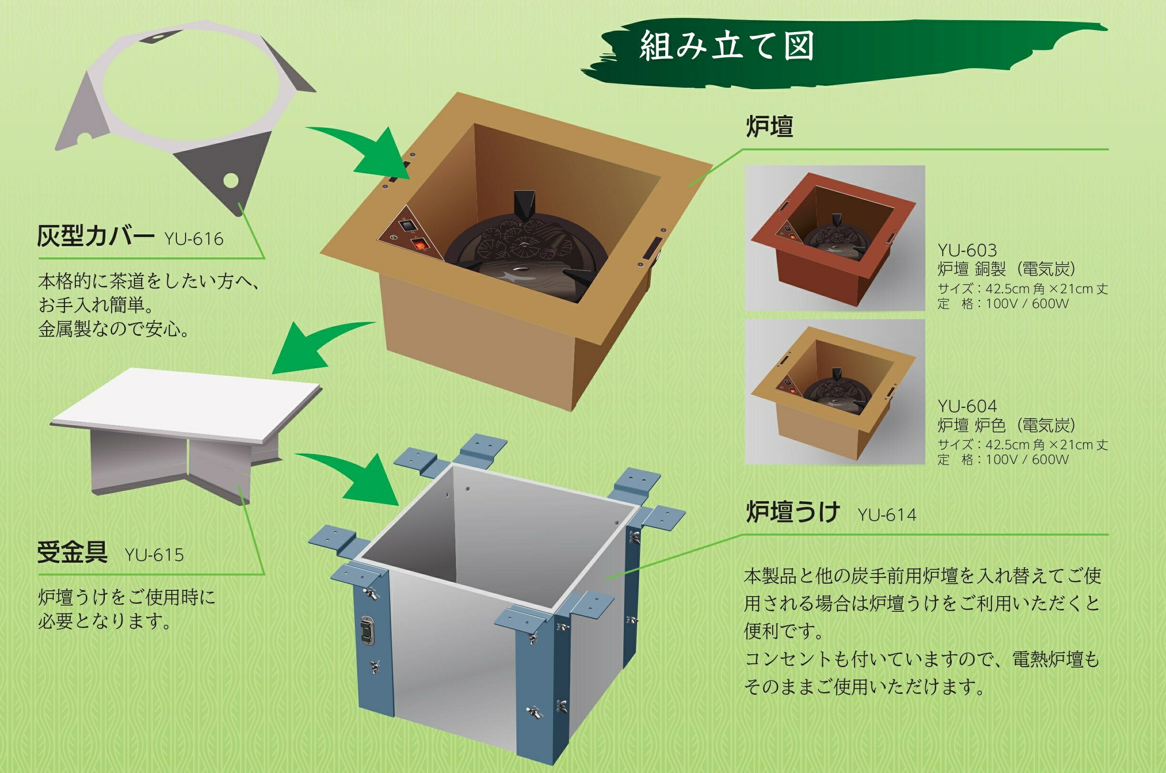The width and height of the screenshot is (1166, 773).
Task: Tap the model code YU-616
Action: click(x=194, y=239)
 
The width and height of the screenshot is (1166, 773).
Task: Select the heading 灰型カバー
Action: click(x=96, y=237)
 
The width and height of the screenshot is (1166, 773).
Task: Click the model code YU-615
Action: click(x=154, y=555)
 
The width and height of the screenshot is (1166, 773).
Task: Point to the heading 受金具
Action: click(x=72, y=552)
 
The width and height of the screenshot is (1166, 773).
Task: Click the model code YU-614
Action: click(x=887, y=515)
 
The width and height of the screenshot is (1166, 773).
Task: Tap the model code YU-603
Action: click(x=967, y=250)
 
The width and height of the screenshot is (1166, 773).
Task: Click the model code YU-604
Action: click(x=967, y=406)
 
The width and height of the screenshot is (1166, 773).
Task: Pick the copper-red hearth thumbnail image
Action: click(x=834, y=237)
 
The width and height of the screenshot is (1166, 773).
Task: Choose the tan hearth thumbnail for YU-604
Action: click(x=834, y=392)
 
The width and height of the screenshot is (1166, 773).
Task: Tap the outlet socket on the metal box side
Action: click(x=367, y=630)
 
